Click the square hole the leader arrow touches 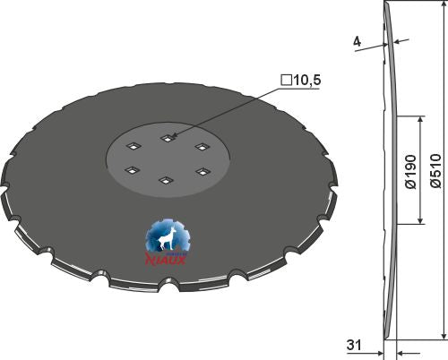tap(167, 137)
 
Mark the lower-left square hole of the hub tap(132, 169)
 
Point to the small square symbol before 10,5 tap(285, 81)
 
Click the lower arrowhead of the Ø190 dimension tap(420, 221)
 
